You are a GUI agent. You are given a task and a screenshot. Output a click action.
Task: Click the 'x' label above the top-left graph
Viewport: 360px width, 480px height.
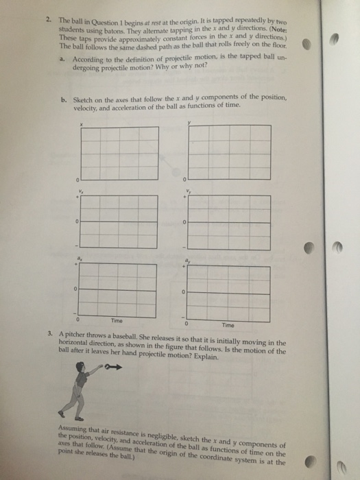(81, 123)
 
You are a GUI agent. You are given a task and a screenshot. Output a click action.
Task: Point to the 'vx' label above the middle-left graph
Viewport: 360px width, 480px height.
(80, 190)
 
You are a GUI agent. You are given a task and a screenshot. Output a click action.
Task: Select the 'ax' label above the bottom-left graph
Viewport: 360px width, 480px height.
(80, 256)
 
